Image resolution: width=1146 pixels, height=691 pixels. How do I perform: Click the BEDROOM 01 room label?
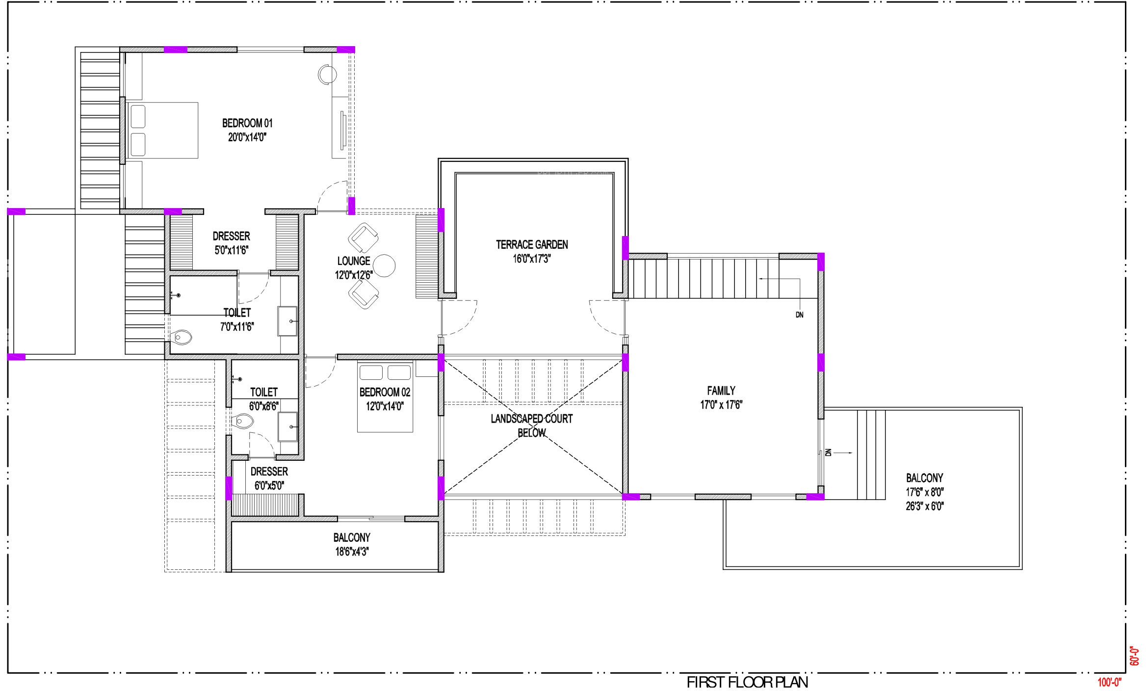pyautogui.click(x=247, y=123)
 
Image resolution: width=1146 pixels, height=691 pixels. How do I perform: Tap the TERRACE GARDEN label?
pyautogui.click(x=532, y=244)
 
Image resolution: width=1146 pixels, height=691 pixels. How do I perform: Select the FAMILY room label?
pyautogui.click(x=721, y=391)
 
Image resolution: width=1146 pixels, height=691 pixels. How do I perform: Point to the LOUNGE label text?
pyautogui.click(x=354, y=261)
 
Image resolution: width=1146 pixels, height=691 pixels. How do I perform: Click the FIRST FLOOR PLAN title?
pyautogui.click(x=747, y=682)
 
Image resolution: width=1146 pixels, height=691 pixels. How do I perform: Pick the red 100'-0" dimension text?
pyautogui.click(x=1110, y=682)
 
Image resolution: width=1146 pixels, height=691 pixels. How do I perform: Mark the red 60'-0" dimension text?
pyautogui.click(x=1134, y=656)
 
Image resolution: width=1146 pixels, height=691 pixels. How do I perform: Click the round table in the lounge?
pyautogui.click(x=384, y=266)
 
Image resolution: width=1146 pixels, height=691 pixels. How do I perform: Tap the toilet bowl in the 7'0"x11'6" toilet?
pyautogui.click(x=182, y=337)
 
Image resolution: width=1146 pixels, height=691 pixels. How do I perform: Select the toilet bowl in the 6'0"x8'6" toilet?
pyautogui.click(x=243, y=421)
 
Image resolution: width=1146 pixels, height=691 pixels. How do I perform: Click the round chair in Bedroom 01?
pyautogui.click(x=327, y=75)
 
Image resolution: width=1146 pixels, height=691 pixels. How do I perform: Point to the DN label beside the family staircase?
pyautogui.click(x=800, y=315)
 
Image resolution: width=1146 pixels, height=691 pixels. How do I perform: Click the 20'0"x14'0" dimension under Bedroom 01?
pyautogui.click(x=247, y=137)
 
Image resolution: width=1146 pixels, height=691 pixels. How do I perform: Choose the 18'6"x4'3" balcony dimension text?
pyautogui.click(x=352, y=552)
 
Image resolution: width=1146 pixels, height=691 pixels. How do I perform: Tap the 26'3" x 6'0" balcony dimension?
pyautogui.click(x=925, y=506)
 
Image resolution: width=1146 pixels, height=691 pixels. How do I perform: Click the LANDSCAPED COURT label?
pyautogui.click(x=532, y=419)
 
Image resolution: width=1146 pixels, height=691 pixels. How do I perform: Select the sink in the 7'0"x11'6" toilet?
pyautogui.click(x=287, y=321)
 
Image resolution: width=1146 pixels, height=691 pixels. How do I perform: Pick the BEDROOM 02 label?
pyautogui.click(x=385, y=392)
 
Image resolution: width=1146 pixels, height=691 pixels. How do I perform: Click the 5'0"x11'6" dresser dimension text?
pyautogui.click(x=232, y=250)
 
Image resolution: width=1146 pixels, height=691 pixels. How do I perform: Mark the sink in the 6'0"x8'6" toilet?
pyautogui.click(x=288, y=427)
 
